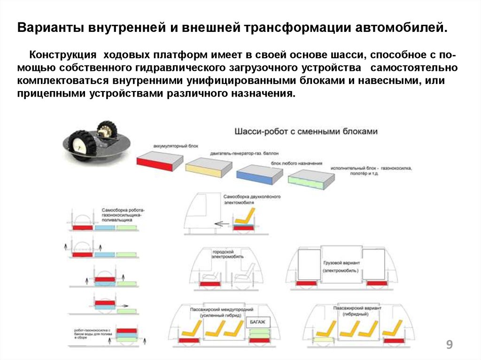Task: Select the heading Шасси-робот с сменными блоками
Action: point(306,132)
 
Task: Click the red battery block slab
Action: point(159,161)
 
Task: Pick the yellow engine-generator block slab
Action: point(209,168)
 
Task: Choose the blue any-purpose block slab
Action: point(259,175)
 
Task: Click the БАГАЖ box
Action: point(257,322)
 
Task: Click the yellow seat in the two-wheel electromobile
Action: point(243,219)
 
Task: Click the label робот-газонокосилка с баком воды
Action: point(92,333)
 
